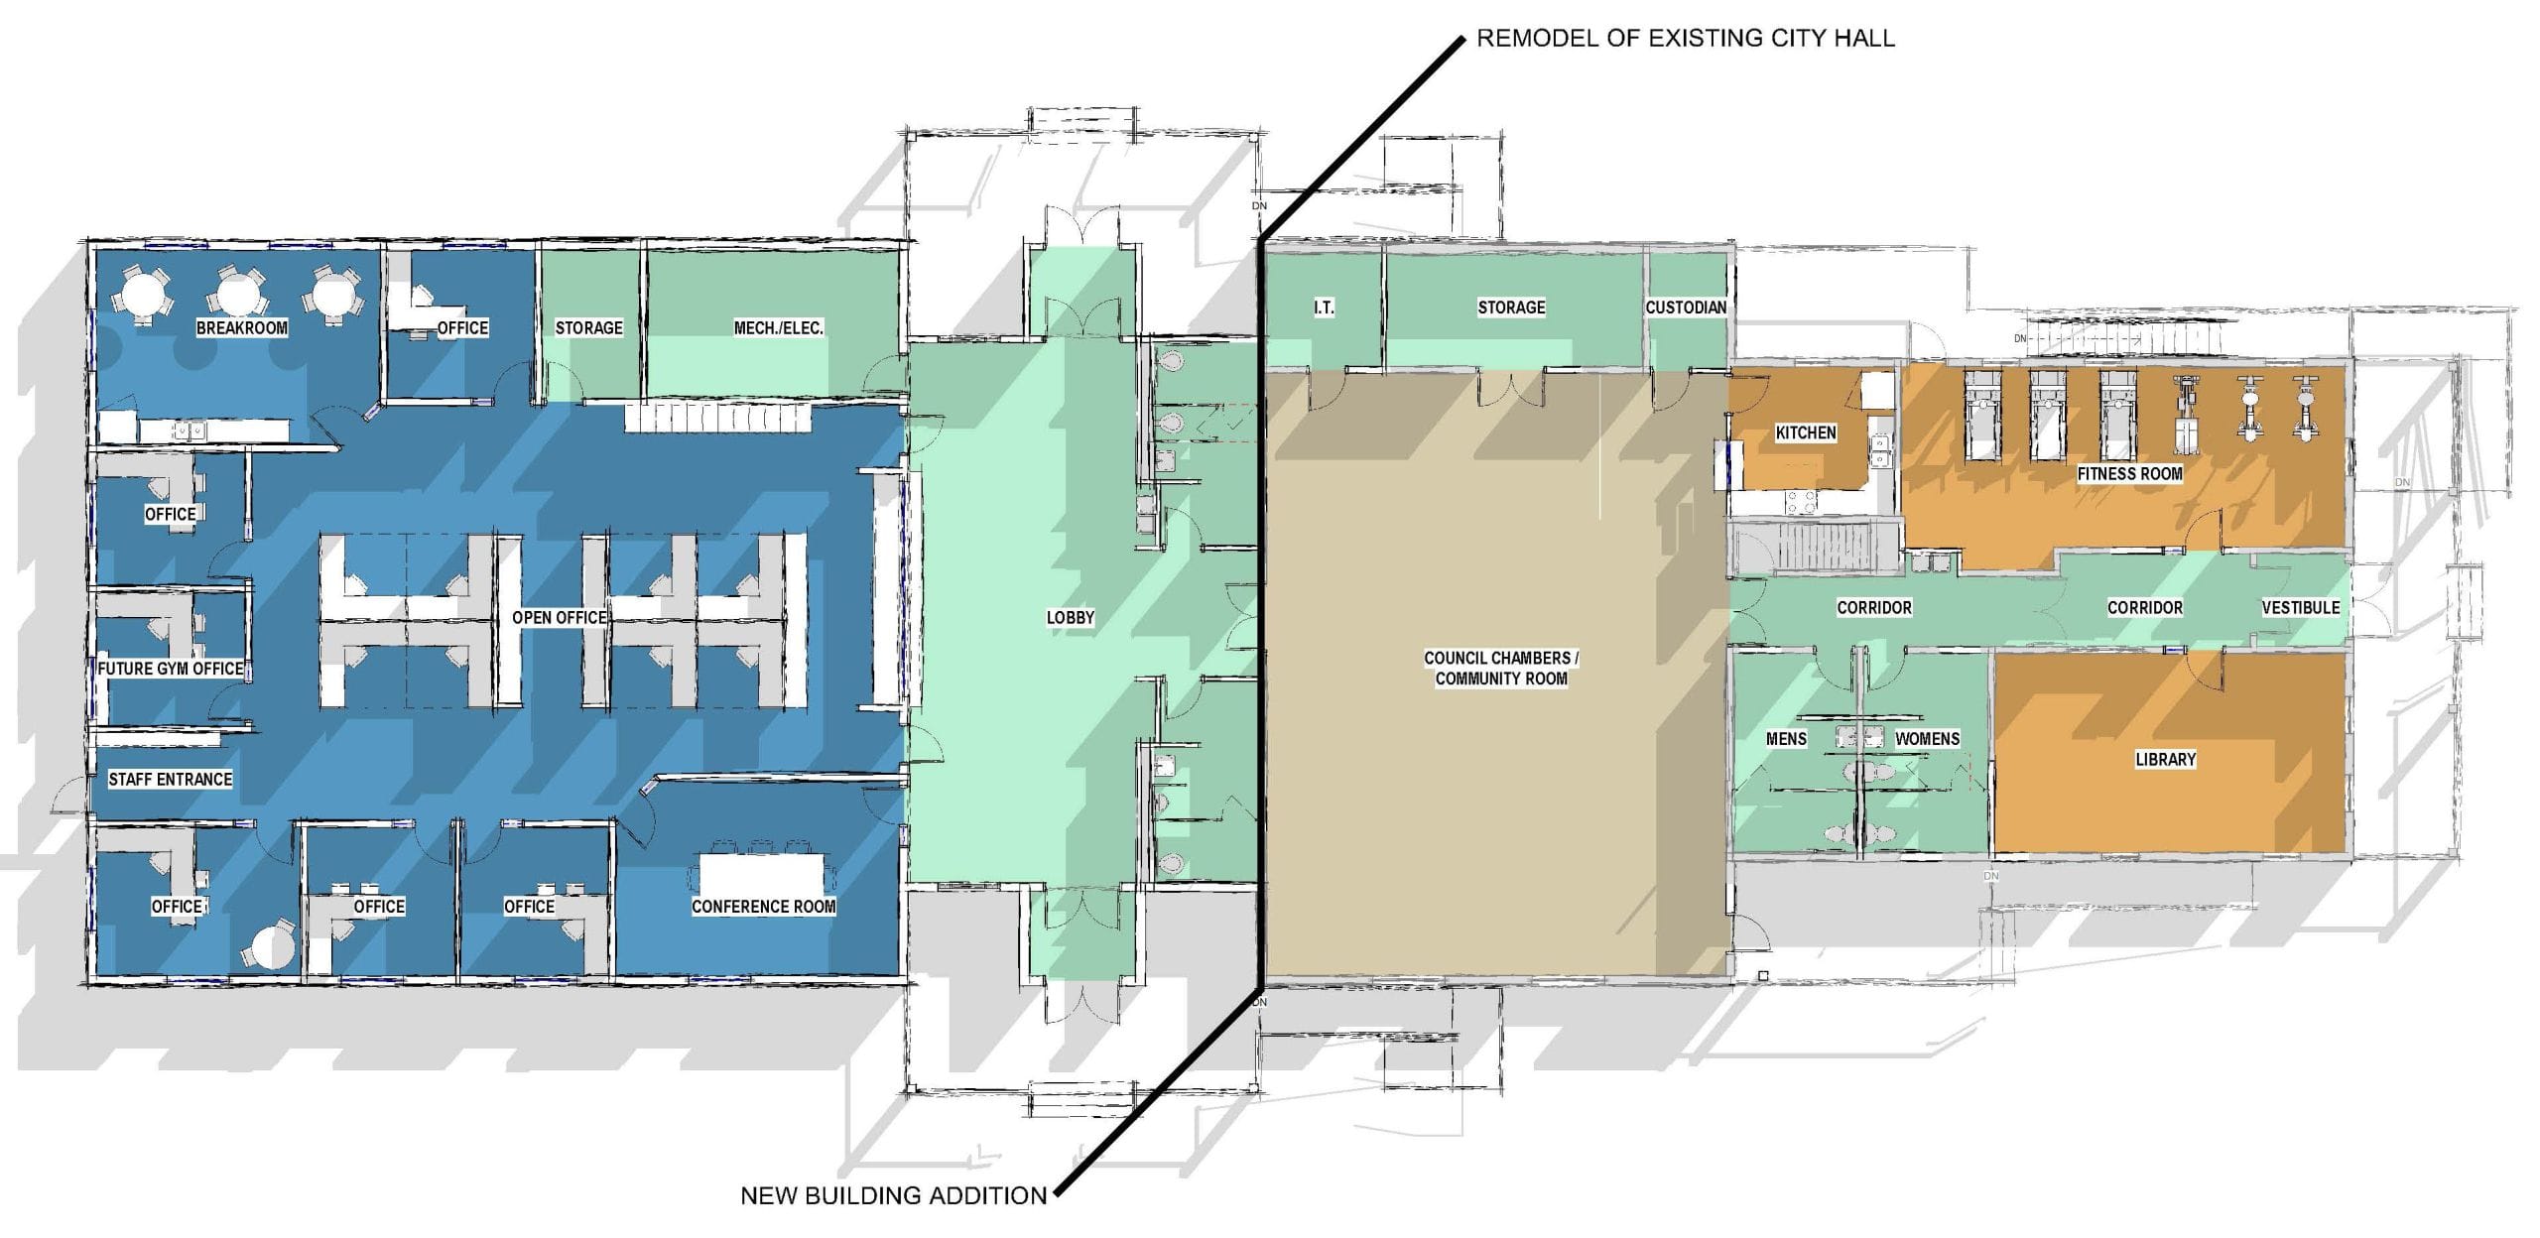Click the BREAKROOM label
(x=241, y=327)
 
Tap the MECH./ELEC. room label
(x=779, y=327)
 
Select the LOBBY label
(x=1070, y=617)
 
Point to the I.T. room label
(x=1324, y=308)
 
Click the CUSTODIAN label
(x=1686, y=308)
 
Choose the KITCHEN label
(x=1806, y=433)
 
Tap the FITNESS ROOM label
(x=2130, y=474)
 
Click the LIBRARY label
(x=2166, y=759)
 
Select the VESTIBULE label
(x=2301, y=607)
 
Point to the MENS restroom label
(x=1786, y=739)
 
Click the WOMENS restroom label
(x=1928, y=739)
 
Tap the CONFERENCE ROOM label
(x=764, y=907)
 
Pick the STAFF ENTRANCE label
(x=171, y=780)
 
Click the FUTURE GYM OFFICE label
(x=171, y=669)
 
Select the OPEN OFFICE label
(x=560, y=617)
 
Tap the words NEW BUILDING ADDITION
(x=894, y=1195)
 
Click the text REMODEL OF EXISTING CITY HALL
(x=1686, y=39)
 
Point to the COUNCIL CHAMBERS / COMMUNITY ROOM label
(x=1501, y=669)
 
